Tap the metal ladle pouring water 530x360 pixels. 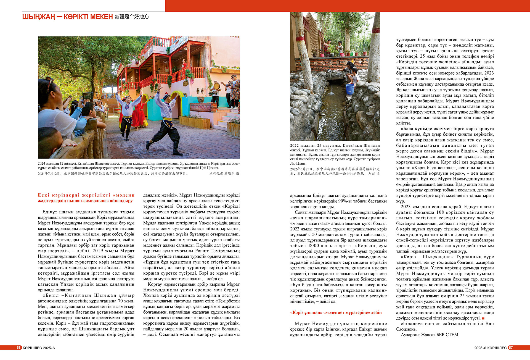point(330,71)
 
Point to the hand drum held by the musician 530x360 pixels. point(217,86)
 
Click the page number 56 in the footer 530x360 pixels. point(19,348)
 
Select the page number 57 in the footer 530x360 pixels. point(511,348)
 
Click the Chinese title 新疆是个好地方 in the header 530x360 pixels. point(132,17)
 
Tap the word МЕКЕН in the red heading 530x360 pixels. point(102,17)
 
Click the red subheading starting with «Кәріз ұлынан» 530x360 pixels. point(336,312)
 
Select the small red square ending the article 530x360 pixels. point(483,318)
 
